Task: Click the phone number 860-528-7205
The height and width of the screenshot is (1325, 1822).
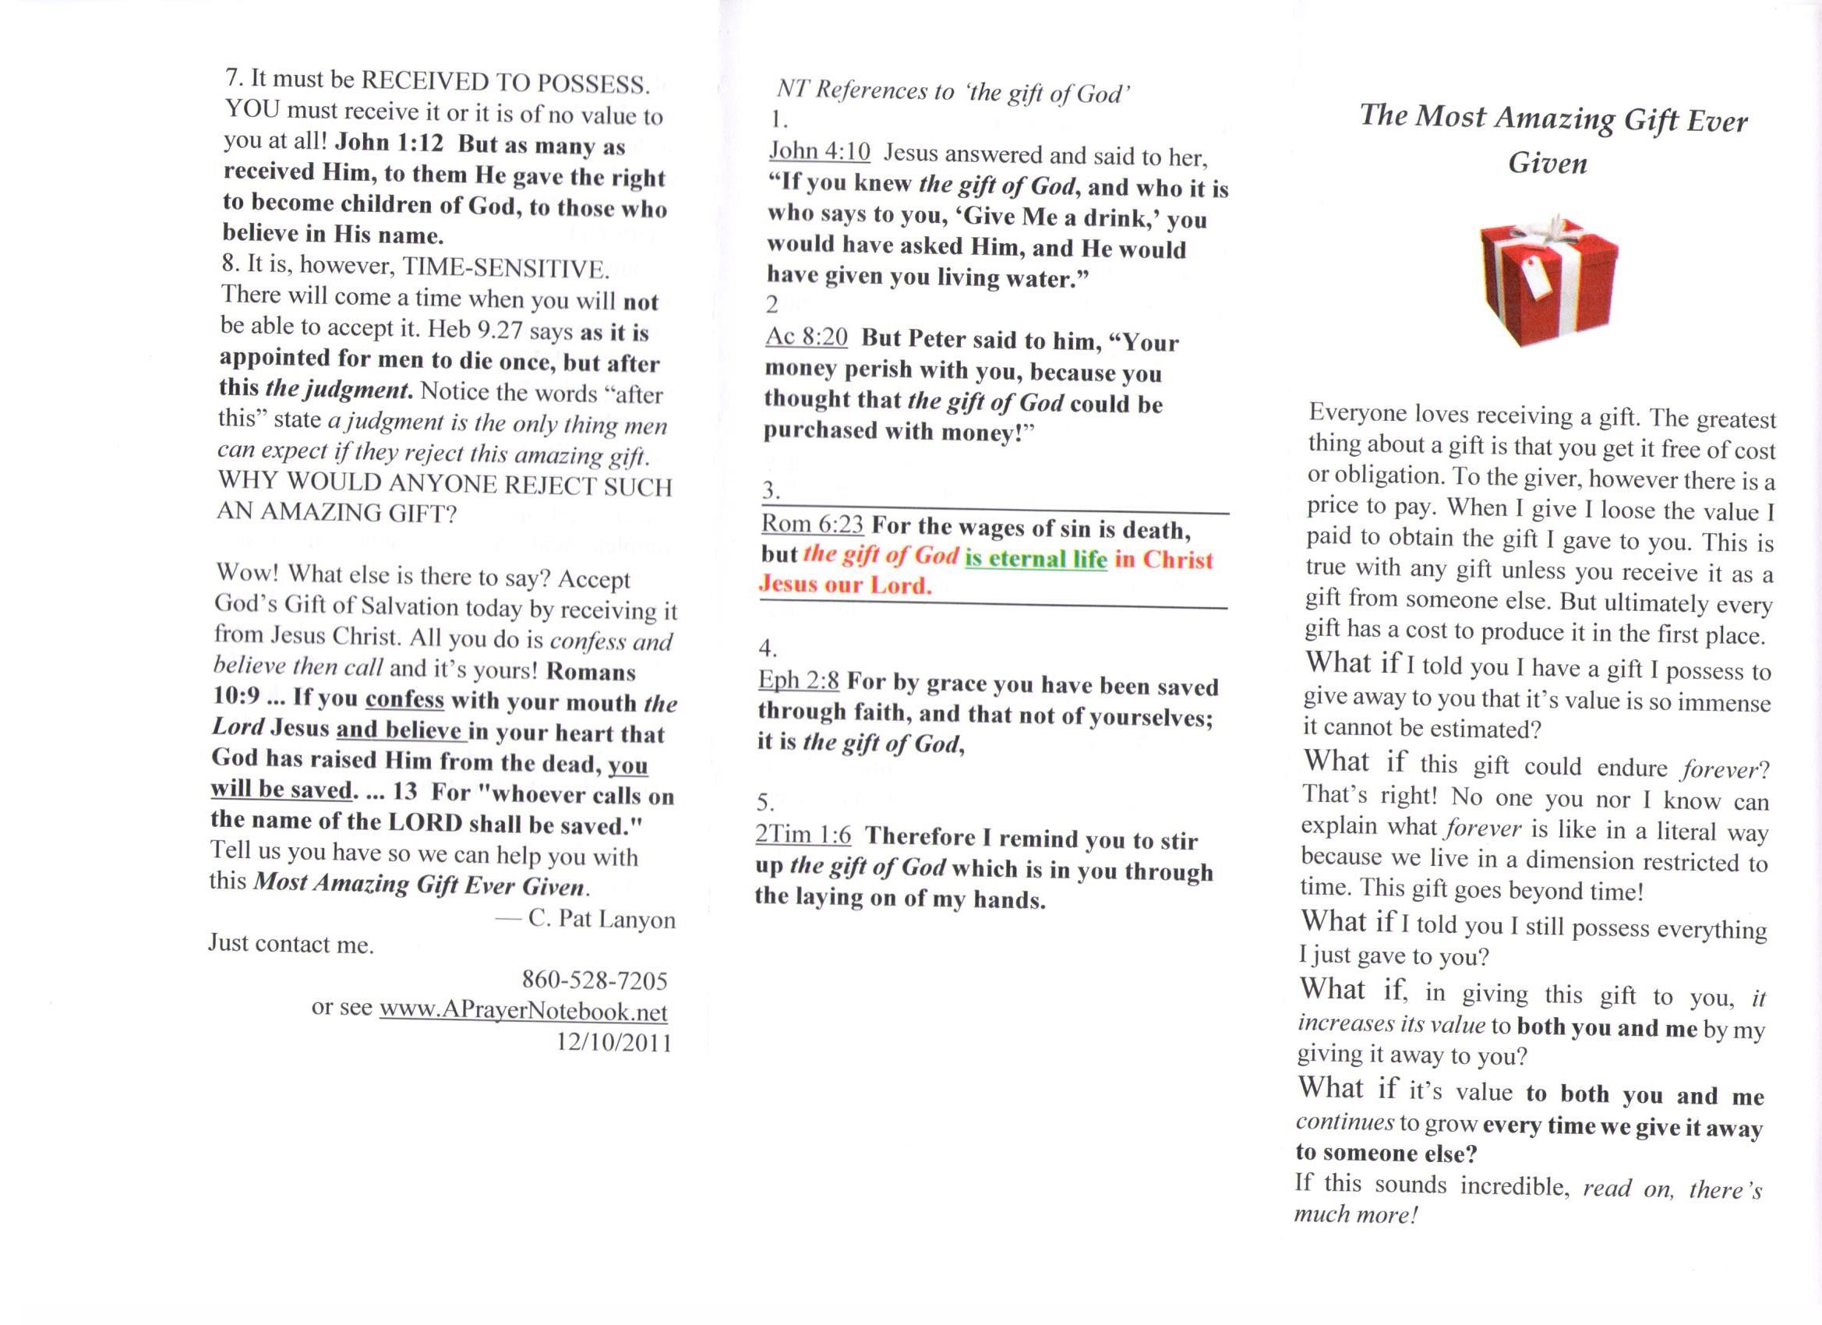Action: point(595,981)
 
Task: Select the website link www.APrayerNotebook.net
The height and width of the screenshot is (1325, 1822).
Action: point(523,1010)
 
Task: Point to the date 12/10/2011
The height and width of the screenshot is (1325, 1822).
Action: point(613,1042)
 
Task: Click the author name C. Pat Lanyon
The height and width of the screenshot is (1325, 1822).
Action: point(601,919)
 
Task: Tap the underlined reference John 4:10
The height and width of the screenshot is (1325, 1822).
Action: point(819,151)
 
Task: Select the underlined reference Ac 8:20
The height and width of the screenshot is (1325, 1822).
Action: point(807,336)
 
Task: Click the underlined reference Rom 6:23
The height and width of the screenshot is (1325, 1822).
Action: point(812,524)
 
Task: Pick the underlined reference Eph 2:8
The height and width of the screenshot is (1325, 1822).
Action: point(799,680)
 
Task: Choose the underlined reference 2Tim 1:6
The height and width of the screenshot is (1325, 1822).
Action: point(803,835)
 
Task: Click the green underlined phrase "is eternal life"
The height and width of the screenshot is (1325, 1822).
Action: point(1036,557)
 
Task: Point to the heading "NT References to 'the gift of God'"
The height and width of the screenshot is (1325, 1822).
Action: point(954,93)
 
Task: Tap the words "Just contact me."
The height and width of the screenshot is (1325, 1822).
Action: point(291,943)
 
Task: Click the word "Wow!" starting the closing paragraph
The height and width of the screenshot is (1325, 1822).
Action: point(245,574)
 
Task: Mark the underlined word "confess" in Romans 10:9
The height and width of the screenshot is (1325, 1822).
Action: point(404,698)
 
